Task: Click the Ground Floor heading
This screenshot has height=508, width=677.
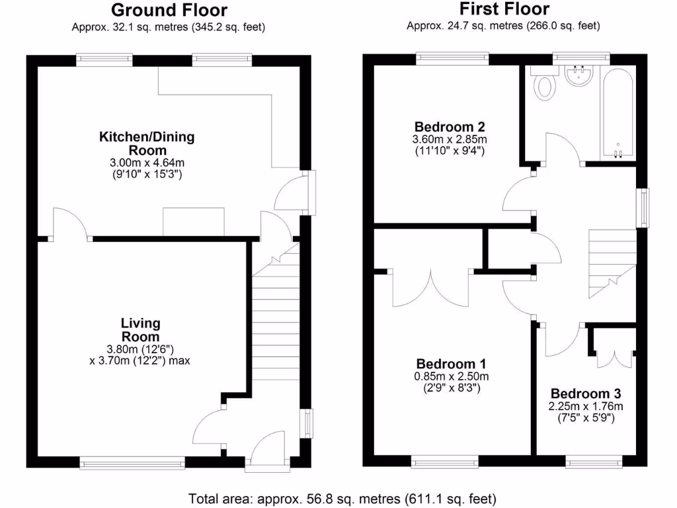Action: (169, 10)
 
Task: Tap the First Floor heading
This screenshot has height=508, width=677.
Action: (504, 9)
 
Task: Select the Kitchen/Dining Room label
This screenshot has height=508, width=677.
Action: (147, 144)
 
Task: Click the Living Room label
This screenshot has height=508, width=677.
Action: (140, 329)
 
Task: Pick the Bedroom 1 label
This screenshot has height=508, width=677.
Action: (452, 364)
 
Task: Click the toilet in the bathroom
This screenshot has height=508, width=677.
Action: (545, 85)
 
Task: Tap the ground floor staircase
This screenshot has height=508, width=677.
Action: (274, 317)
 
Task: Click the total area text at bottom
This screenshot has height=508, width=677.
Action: (342, 498)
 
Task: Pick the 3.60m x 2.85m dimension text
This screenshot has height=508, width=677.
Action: (449, 140)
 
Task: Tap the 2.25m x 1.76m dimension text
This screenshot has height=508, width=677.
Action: (586, 405)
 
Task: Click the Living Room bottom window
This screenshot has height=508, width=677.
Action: (132, 463)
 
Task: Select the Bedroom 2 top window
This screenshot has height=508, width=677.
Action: (453, 59)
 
